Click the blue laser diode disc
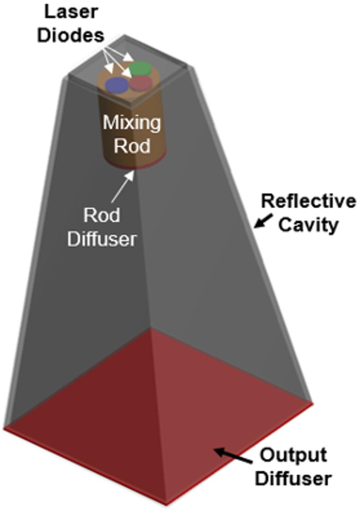[x=117, y=85]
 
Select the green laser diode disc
[x=140, y=68]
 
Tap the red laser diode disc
[x=141, y=83]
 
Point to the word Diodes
[x=71, y=35]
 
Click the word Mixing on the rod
[x=132, y=123]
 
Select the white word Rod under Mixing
[x=132, y=145]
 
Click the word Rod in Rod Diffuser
[x=102, y=215]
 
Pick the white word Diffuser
[x=102, y=239]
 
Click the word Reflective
[x=309, y=201]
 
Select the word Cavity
[x=308, y=224]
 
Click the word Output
[x=293, y=455]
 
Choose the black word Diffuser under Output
[x=293, y=478]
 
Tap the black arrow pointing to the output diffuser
[x=232, y=456]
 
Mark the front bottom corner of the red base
[x=166, y=503]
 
